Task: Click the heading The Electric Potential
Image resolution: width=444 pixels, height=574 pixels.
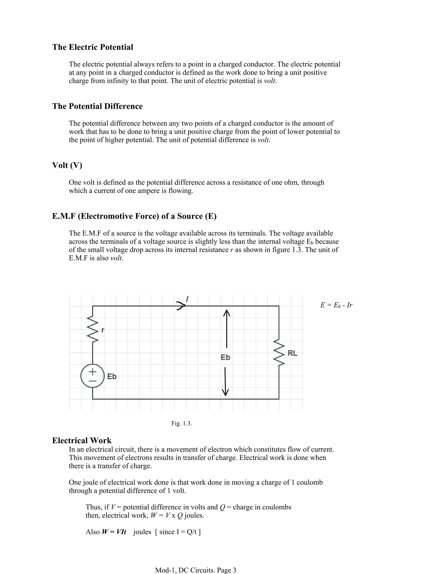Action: click(93, 47)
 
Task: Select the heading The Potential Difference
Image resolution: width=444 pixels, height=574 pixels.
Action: click(97, 106)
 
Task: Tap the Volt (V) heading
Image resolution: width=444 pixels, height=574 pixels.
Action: click(67, 165)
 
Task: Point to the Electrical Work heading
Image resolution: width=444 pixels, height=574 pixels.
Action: click(82, 441)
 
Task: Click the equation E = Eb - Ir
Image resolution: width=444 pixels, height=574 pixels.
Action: click(336, 305)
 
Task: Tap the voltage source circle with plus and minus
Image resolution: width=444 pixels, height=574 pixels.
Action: click(93, 376)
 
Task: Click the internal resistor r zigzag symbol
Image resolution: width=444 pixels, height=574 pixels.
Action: click(93, 329)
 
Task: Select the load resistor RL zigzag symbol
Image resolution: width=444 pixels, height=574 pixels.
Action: click(279, 352)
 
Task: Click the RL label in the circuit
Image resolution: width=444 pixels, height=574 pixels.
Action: click(292, 353)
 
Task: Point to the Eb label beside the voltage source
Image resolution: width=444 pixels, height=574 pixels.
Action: click(112, 377)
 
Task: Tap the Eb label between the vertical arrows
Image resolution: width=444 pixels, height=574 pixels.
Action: click(225, 357)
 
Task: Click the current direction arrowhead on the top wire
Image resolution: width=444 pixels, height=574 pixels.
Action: click(181, 306)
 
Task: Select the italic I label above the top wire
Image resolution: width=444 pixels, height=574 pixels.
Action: click(187, 299)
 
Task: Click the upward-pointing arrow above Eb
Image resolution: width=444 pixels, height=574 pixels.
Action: click(227, 329)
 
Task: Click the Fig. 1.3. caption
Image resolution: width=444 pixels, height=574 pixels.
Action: click(181, 423)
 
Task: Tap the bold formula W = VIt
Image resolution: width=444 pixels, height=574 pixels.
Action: click(114, 532)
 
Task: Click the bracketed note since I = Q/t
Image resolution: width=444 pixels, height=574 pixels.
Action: click(178, 532)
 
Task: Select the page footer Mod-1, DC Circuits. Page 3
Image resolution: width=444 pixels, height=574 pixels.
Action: click(196, 570)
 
